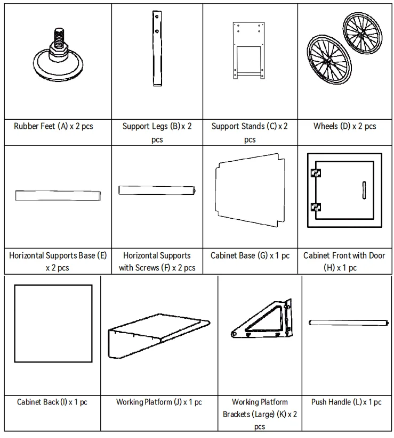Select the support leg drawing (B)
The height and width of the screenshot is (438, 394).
(x=157, y=52)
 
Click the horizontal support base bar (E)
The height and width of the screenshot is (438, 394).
(x=58, y=195)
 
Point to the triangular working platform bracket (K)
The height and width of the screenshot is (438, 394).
(x=261, y=322)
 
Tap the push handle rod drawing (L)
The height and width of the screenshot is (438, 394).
(x=347, y=322)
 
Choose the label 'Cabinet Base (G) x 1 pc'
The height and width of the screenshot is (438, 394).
(x=250, y=256)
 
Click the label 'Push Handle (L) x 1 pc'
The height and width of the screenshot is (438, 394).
(x=347, y=402)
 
